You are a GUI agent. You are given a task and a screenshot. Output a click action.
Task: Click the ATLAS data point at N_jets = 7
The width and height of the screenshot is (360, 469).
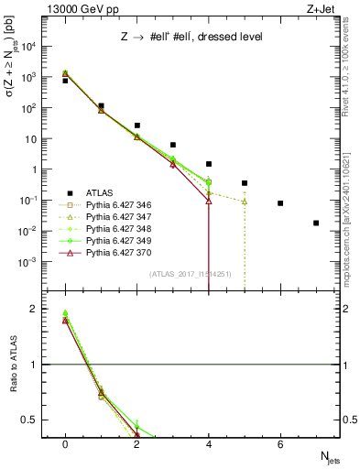(316, 223)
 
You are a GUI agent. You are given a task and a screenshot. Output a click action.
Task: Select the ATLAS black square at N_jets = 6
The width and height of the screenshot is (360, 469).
(280, 203)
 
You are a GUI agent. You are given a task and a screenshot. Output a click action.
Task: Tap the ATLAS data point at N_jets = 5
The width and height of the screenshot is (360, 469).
(245, 183)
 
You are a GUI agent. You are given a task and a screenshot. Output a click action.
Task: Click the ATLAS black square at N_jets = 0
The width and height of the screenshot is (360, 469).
(65, 81)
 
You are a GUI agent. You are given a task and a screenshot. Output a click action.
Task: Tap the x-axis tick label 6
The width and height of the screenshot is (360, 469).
(280, 443)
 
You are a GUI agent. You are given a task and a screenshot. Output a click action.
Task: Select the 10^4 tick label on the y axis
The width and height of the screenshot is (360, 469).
(32, 46)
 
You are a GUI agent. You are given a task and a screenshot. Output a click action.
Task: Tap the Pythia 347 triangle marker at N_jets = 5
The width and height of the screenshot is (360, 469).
(245, 202)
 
